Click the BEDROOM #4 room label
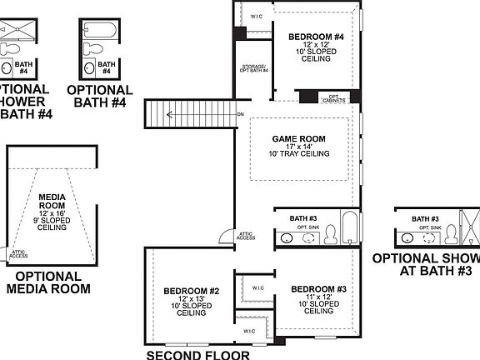coord(315,37)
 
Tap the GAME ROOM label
coord(298,138)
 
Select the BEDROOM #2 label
coord(191,291)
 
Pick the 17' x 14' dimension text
coord(298,146)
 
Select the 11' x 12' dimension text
coord(318,297)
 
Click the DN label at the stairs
coord(240,114)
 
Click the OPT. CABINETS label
coord(338,97)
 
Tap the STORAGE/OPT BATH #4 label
coord(254,69)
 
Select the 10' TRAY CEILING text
coord(298,154)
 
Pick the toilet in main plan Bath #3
coord(329,233)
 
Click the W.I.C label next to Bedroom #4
coord(257,16)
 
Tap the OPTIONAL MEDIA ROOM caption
coord(48,282)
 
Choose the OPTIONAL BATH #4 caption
coord(100,96)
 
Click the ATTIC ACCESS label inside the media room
coord(18,252)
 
